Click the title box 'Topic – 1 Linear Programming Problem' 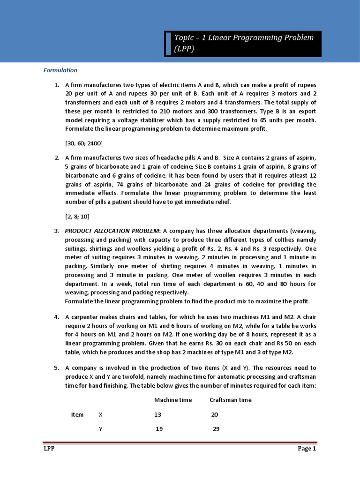point(243,44)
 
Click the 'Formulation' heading point(60,70)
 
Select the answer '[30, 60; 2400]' point(84,143)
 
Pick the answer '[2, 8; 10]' point(77,217)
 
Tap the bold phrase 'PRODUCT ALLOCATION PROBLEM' point(112,231)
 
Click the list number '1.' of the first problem point(56,85)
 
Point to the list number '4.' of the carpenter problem point(56,316)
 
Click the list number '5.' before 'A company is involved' point(56,368)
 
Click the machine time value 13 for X point(157,414)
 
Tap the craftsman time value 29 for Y point(216,429)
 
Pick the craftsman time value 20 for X point(215,414)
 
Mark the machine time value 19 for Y point(159,429)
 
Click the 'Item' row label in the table point(77,414)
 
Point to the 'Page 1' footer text point(307,449)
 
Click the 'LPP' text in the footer point(46,449)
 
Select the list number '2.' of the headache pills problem point(56,158)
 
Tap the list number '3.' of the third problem point(56,231)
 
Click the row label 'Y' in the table point(100,429)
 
